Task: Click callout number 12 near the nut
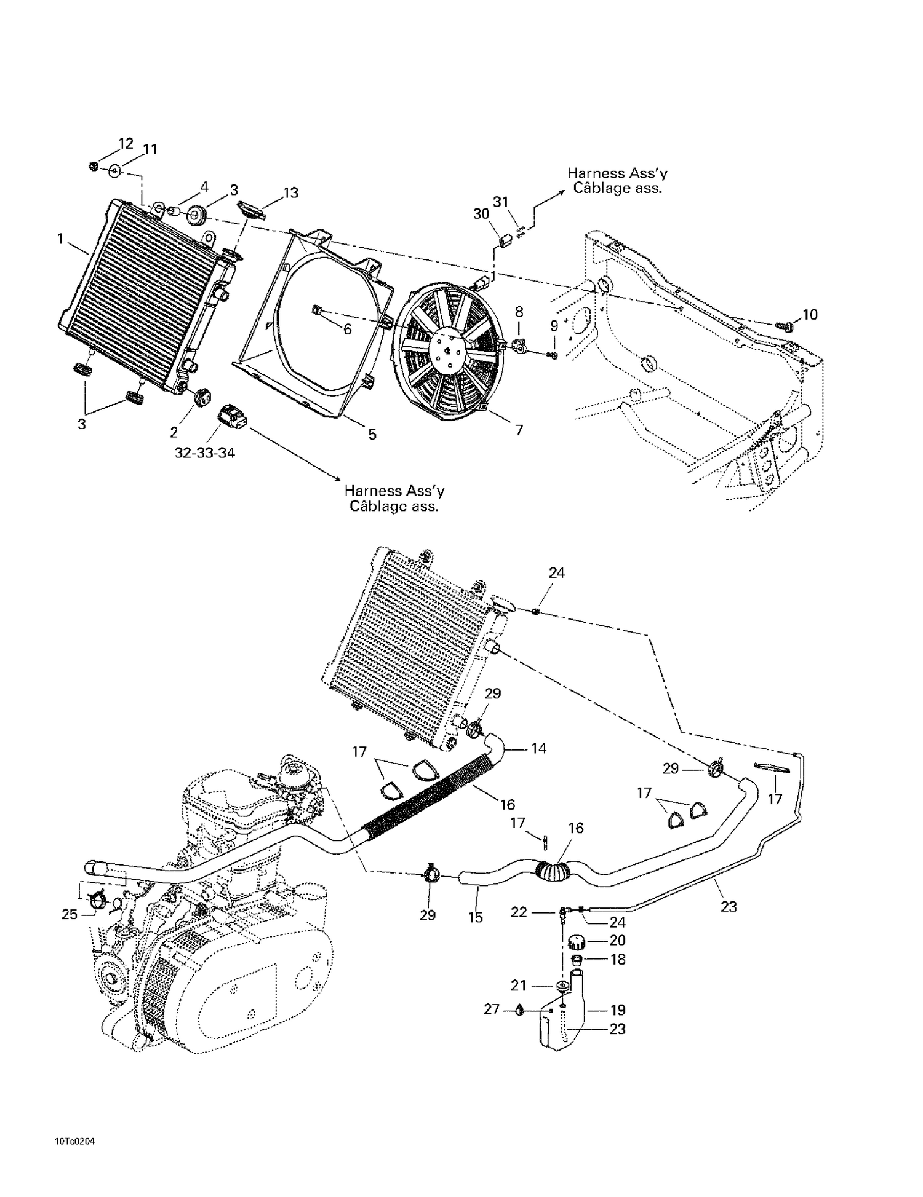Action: pyautogui.click(x=126, y=143)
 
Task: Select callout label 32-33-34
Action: pyautogui.click(x=204, y=453)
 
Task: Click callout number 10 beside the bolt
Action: pyautogui.click(x=810, y=315)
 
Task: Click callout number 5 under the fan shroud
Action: pyautogui.click(x=372, y=435)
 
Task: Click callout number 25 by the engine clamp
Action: pyautogui.click(x=70, y=914)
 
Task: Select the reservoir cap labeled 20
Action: pyautogui.click(x=577, y=941)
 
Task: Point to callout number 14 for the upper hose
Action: pyautogui.click(x=538, y=748)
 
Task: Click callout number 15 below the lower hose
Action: pyautogui.click(x=475, y=917)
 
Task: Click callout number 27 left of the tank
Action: pyautogui.click(x=491, y=1009)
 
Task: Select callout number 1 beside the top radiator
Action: pyautogui.click(x=60, y=239)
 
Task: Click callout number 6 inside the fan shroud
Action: pyautogui.click(x=347, y=330)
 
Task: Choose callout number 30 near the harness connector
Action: pyautogui.click(x=481, y=213)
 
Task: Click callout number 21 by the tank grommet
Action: pyautogui.click(x=519, y=986)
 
